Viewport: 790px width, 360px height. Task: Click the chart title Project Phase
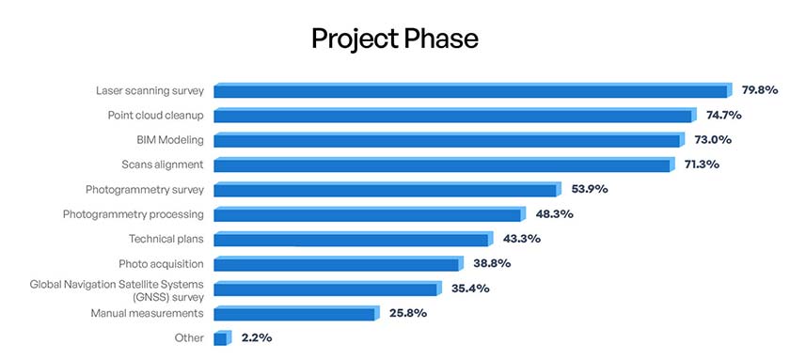coord(395,39)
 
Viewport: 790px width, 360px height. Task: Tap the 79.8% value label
coord(759,90)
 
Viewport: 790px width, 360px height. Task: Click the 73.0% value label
coord(711,139)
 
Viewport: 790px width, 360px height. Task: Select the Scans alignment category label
coord(163,164)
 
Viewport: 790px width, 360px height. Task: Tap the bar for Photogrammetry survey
coord(387,190)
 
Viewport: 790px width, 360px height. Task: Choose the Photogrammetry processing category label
coord(134,214)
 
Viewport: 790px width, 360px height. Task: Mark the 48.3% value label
coord(553,213)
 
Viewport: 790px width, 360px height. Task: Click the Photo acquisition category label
coord(162,263)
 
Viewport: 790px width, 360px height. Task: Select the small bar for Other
coord(221,338)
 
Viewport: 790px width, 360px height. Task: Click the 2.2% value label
coord(257,337)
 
